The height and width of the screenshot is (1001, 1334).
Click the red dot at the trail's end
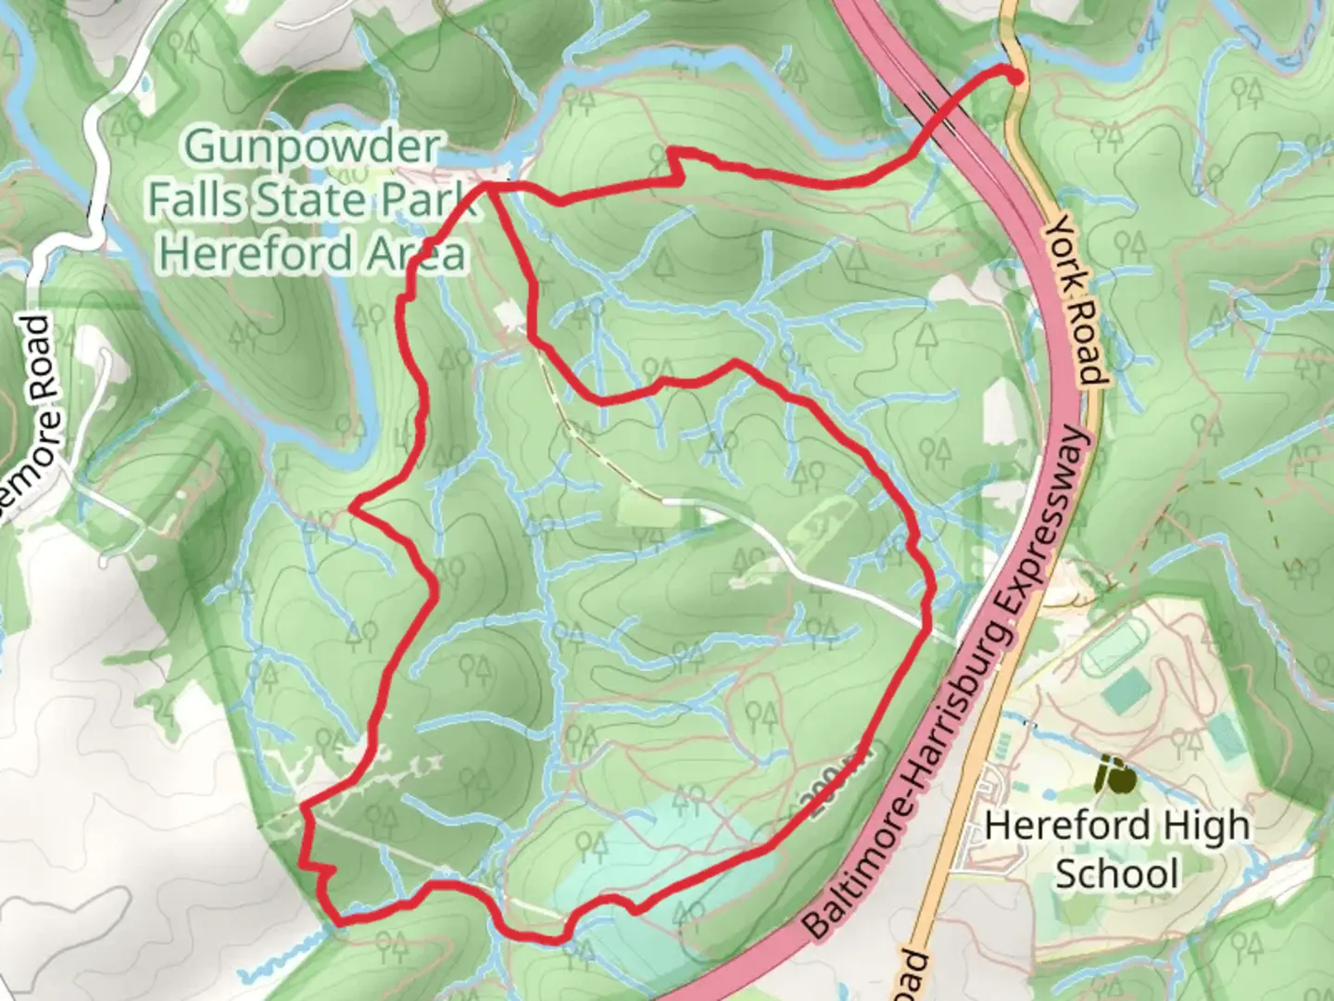coord(1015,78)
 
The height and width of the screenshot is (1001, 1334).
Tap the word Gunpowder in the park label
coord(311,147)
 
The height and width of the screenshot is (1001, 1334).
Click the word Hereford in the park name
coord(255,252)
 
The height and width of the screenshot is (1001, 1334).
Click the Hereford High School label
coord(1116,848)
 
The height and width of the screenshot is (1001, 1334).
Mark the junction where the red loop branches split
coord(488,186)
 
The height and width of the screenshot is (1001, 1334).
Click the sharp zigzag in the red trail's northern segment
coord(676,163)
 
